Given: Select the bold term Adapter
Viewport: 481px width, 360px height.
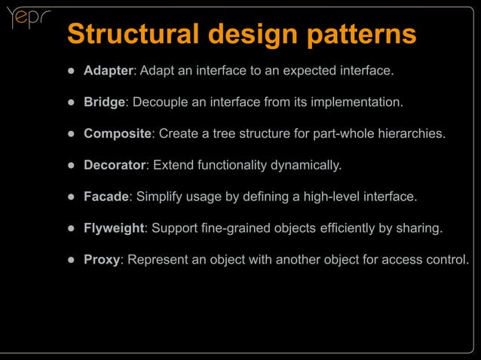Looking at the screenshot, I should tap(108, 71).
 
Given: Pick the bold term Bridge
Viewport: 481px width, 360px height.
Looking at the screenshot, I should tap(103, 102).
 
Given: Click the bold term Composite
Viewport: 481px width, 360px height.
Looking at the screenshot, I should tap(117, 133).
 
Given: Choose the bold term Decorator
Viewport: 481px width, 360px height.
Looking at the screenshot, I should tap(114, 165).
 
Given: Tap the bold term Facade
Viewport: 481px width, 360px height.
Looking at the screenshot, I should tap(106, 197).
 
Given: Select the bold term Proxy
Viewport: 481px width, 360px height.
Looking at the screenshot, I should tap(102, 260).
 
